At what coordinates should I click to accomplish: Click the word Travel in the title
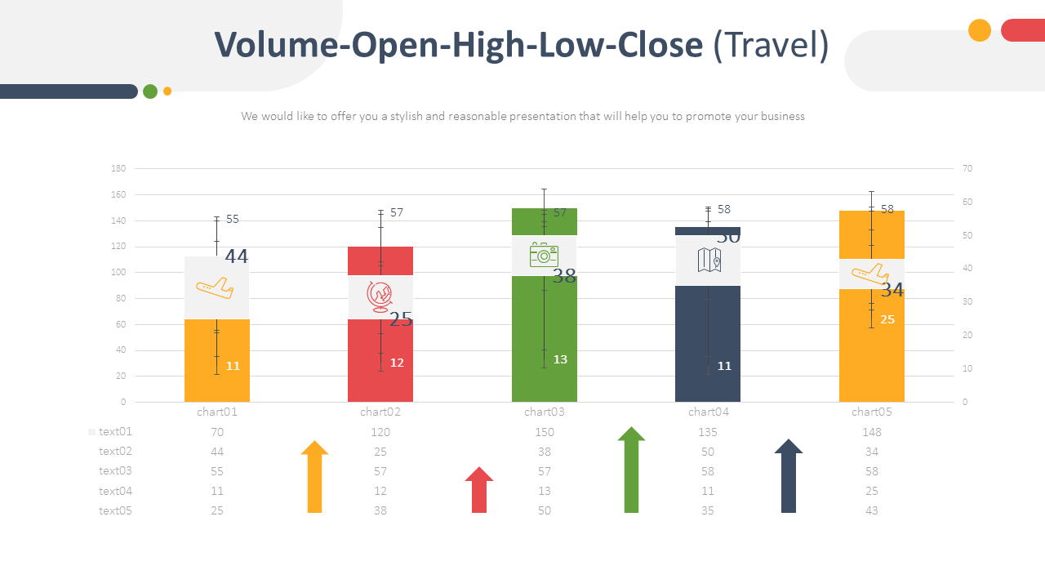(x=771, y=46)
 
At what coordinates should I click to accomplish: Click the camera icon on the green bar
(x=543, y=255)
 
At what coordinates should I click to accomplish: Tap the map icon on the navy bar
(x=709, y=260)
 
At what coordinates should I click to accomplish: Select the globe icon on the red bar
(x=380, y=296)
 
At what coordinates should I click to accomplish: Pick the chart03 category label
(x=544, y=412)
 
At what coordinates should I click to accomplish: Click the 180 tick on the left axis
(x=118, y=168)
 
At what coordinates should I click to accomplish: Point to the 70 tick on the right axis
(x=967, y=168)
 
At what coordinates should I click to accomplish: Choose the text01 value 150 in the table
(x=544, y=432)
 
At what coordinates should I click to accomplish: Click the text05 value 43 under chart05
(x=871, y=510)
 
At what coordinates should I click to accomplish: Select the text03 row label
(x=115, y=471)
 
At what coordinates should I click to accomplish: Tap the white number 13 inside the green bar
(x=560, y=359)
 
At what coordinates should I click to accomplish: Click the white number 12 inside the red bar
(x=397, y=363)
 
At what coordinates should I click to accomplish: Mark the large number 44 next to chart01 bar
(x=236, y=256)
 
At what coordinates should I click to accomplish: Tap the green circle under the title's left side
(x=150, y=91)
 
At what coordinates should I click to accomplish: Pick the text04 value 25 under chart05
(x=871, y=491)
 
